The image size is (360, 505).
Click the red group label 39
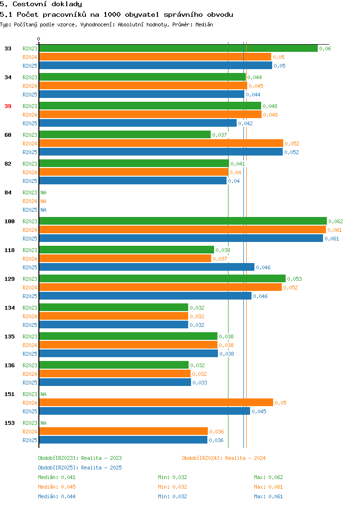tap(8, 106)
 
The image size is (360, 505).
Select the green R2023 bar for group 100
tap(183, 221)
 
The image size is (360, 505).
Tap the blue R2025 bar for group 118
tap(147, 267)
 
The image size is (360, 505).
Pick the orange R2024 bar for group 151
tap(156, 402)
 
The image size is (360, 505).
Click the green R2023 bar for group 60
tap(125, 134)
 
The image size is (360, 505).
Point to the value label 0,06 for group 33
tap(325, 48)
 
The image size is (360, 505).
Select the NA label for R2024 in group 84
tap(44, 201)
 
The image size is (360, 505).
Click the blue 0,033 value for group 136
tap(200, 383)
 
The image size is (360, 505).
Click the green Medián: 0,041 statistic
tap(57, 477)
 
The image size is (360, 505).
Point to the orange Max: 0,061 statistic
tap(268, 487)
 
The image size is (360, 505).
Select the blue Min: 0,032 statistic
tap(172, 497)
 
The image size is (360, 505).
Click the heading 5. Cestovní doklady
tap(41, 4)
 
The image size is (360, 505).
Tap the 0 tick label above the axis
tap(39, 39)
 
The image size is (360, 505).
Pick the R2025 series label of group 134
tap(30, 325)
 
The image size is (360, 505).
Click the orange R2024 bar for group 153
tap(123, 431)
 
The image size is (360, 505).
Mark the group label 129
tap(9, 279)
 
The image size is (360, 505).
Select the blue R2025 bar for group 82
tap(132, 180)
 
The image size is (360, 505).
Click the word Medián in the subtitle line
tap(204, 25)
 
